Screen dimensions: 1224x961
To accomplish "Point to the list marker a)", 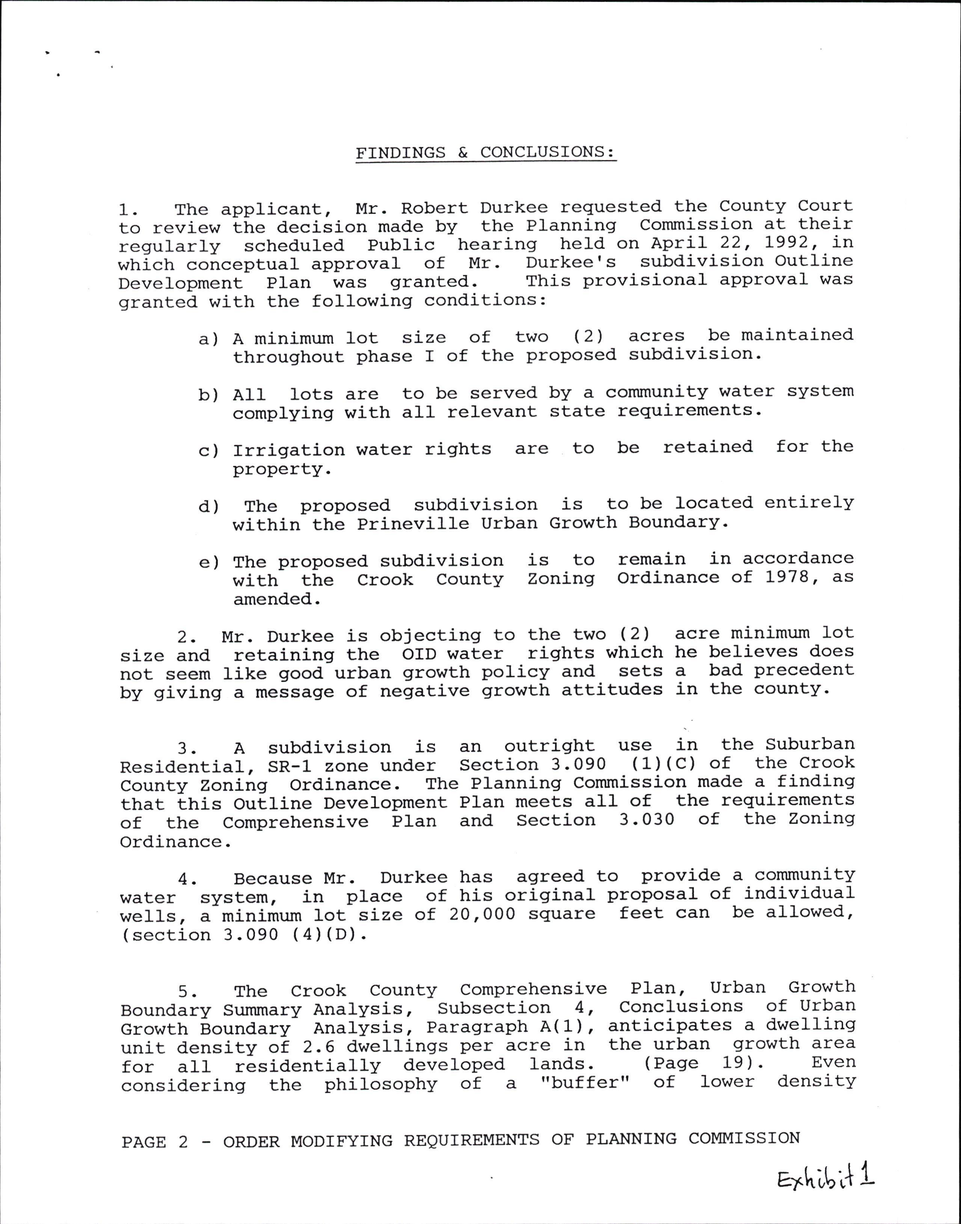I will pos(208,339).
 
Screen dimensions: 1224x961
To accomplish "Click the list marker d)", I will pos(208,506).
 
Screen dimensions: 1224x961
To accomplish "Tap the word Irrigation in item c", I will pos(289,450).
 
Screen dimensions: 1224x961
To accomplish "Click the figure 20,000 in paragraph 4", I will pos(482,914).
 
